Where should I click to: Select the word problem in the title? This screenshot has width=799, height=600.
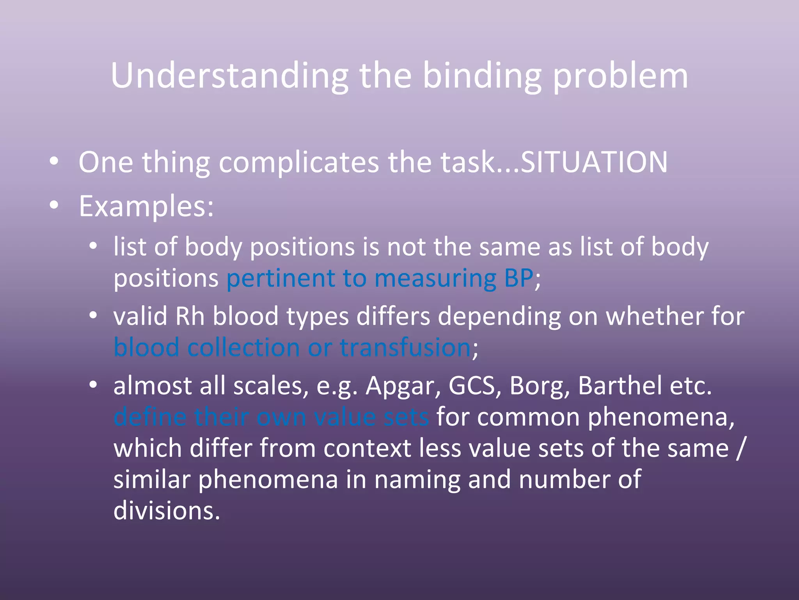(x=620, y=76)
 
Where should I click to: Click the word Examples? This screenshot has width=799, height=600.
(x=146, y=206)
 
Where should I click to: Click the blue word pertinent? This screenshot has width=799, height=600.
(x=281, y=278)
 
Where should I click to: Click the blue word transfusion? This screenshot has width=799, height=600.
(x=405, y=347)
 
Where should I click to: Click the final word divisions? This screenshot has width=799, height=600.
(x=167, y=511)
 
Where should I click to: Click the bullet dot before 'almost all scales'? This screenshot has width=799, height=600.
(x=93, y=384)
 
